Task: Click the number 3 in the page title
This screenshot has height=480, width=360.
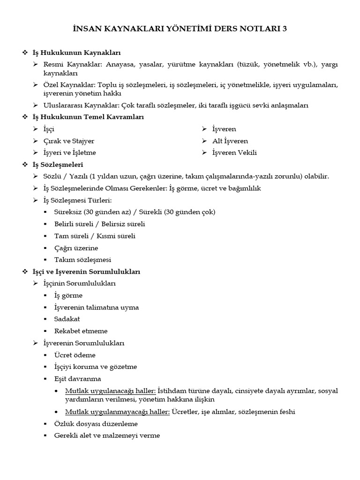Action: (x=285, y=29)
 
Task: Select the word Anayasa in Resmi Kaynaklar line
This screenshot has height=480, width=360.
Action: (x=119, y=65)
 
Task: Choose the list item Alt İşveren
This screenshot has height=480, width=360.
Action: (x=230, y=141)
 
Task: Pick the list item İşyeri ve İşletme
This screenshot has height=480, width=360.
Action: (x=73, y=152)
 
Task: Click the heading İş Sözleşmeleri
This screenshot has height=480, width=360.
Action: (x=58, y=165)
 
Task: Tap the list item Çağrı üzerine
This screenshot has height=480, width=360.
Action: (x=76, y=248)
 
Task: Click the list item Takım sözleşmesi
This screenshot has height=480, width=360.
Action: (x=82, y=260)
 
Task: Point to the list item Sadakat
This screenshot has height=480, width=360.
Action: (x=67, y=319)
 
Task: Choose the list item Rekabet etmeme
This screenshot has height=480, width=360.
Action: (x=81, y=331)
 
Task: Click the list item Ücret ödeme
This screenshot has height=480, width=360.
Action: (x=75, y=355)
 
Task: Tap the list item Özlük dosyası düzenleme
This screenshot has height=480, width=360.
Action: (x=96, y=424)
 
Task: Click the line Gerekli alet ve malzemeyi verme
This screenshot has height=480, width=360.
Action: (x=107, y=435)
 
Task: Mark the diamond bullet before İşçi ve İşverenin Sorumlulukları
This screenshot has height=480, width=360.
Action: (x=25, y=272)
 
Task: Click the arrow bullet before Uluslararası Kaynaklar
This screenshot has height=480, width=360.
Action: (x=36, y=105)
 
